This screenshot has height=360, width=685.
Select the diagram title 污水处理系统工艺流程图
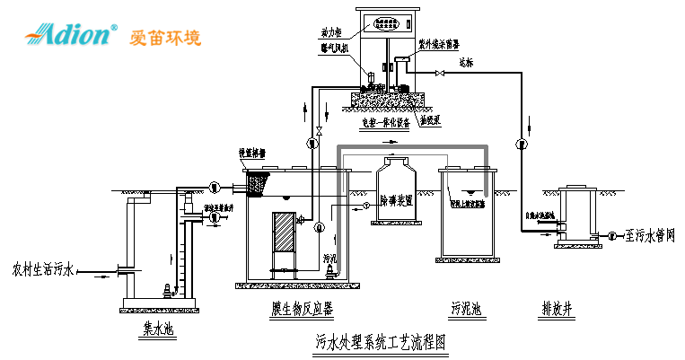381,342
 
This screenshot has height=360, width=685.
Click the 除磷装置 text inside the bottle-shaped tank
396,200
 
